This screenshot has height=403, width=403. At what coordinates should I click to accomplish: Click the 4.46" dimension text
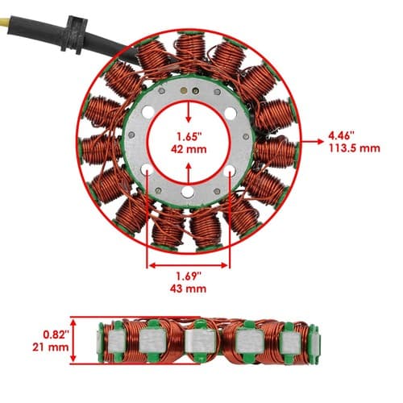tap(342, 135)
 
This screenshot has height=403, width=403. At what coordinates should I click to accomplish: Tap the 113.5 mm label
tap(355, 148)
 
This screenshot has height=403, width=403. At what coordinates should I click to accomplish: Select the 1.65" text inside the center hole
tap(189, 137)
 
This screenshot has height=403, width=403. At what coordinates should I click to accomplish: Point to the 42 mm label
tap(189, 149)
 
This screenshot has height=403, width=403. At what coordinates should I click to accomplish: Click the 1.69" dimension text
tap(189, 276)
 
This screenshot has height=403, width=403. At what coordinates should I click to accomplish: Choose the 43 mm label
tap(189, 289)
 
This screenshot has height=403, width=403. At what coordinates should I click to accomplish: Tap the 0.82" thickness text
tap(56, 334)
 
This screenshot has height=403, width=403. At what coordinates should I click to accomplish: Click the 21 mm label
tap(51, 347)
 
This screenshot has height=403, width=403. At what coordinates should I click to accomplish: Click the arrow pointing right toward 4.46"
tap(312, 141)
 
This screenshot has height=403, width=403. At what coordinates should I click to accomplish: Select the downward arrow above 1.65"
tap(189, 112)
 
